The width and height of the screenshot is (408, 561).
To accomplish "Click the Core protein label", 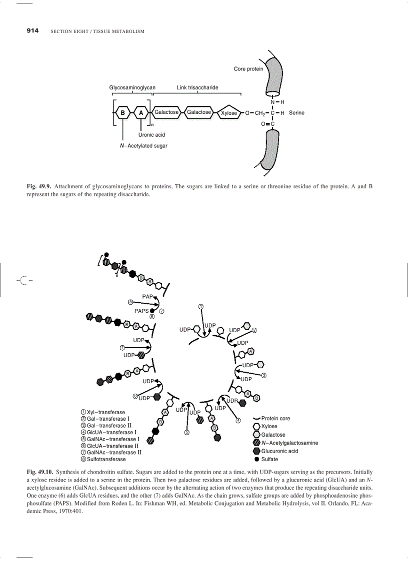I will click(248, 69).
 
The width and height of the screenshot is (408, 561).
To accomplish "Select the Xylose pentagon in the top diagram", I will click(228, 113).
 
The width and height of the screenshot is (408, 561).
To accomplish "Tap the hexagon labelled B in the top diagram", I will click(122, 113).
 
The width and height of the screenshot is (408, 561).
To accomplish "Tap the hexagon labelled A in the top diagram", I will click(141, 113).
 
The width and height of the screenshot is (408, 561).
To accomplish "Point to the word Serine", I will click(296, 113).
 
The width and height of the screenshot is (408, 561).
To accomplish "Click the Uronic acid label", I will click(151, 135).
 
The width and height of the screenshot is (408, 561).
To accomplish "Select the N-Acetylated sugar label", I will click(140, 146).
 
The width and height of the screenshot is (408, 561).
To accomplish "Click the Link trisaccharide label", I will click(197, 87).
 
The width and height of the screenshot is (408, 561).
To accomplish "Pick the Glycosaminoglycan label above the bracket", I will click(132, 87).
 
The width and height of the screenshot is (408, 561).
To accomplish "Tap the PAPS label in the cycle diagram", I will click(141, 310).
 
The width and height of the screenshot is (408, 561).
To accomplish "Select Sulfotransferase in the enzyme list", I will click(106, 459).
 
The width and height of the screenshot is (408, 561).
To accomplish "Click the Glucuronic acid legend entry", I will click(279, 451).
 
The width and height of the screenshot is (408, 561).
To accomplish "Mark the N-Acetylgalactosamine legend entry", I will click(289, 443).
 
